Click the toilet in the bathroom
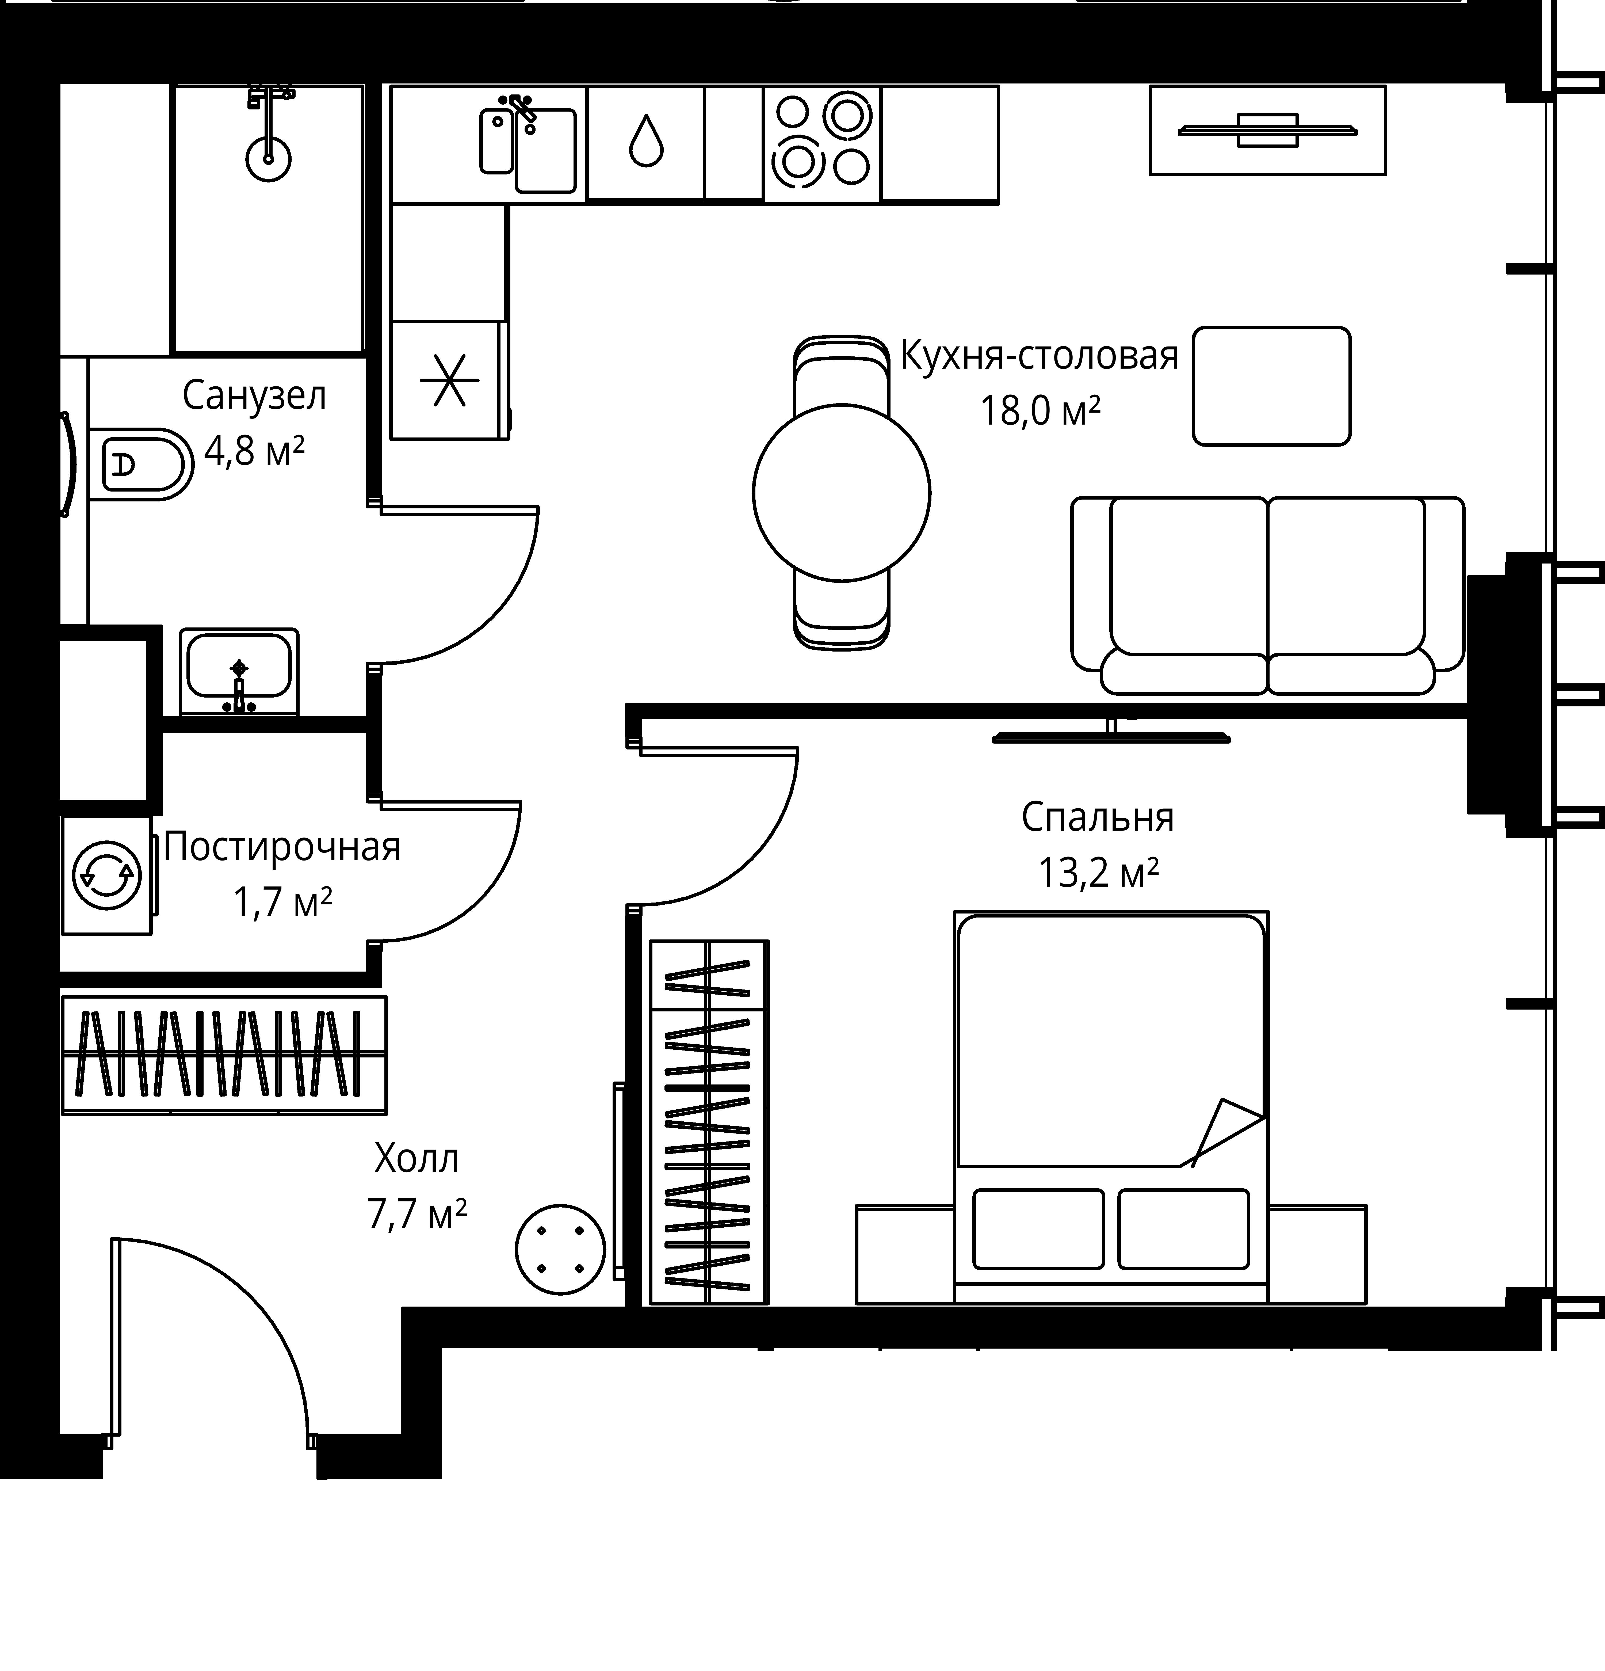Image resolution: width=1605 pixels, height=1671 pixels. pos(141,465)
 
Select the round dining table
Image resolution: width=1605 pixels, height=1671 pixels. pos(841,493)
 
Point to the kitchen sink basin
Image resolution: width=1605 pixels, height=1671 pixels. pos(545,150)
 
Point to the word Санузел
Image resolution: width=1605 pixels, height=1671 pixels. pos(254,397)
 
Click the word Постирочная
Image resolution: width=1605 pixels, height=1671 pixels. pos(282,847)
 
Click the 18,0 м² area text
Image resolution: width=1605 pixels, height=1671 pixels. pos(1040,412)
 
